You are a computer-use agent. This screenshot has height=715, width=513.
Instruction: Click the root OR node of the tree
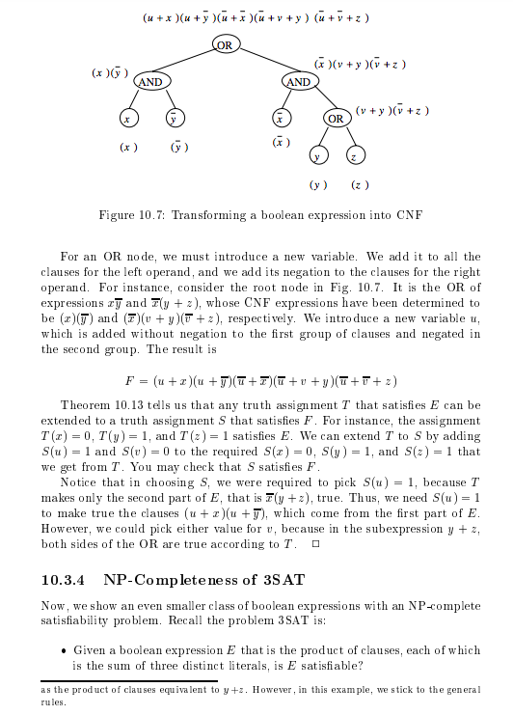225,45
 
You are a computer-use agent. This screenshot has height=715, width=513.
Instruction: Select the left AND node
150,82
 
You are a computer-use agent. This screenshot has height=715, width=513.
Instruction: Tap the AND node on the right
298,82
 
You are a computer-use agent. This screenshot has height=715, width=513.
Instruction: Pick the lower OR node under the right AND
336,119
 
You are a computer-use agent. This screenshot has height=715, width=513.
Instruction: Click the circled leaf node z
356,155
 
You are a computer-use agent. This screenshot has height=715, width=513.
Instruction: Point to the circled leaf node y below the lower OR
316,155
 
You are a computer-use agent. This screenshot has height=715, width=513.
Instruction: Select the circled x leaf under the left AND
127,119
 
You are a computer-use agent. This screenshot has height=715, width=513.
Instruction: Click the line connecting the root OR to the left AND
188,64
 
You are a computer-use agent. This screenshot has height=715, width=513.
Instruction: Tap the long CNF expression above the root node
256,17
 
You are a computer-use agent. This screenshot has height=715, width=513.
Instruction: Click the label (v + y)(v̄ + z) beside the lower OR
391,111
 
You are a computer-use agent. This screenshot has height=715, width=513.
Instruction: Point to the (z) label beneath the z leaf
359,183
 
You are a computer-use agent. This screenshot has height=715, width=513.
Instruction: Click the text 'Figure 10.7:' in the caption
131,214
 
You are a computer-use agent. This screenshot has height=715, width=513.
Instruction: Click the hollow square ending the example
314,545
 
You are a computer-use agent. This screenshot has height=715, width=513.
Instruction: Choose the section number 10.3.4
65,581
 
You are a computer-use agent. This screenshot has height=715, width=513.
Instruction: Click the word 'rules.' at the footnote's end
53,702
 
